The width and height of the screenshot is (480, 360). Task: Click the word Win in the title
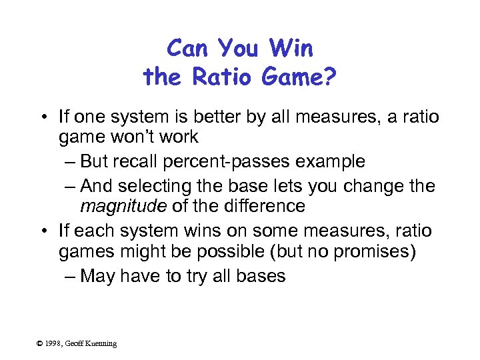pos(291,48)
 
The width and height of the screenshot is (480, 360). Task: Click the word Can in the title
pos(186,48)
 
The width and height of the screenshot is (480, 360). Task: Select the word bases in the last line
pos(261,275)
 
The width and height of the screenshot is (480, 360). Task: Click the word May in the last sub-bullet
pos(97,275)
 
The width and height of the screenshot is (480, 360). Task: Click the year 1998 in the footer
pos(53,343)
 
